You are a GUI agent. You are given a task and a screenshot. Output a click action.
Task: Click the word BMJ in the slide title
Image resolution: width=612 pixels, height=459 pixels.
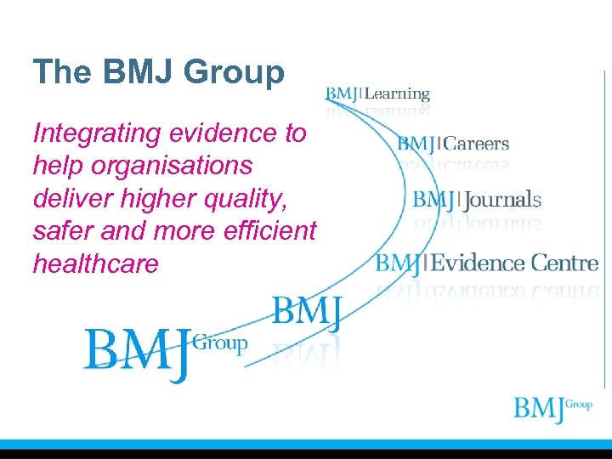140,72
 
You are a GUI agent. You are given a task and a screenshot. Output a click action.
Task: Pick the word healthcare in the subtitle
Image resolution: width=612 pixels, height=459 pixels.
95,263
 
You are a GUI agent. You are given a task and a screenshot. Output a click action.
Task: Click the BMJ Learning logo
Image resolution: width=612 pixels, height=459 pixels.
377,94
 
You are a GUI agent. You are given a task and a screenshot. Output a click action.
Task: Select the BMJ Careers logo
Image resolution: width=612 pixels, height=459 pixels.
453,144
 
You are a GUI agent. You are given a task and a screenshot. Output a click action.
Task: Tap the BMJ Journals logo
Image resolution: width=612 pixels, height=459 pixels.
477,201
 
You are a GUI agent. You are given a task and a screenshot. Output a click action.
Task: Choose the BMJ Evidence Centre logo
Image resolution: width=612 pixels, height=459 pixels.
487,263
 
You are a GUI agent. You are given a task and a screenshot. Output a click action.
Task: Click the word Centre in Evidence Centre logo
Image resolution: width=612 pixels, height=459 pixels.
564,263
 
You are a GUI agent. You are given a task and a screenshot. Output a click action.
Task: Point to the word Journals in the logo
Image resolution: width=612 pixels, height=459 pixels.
502,201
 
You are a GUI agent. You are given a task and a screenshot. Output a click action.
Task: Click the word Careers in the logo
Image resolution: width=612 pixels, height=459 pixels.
477,144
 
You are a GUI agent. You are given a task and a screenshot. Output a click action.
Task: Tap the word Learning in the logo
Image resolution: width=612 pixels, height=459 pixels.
397,94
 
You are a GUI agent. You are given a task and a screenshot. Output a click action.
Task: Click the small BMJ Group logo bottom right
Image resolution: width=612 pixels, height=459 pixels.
552,409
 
